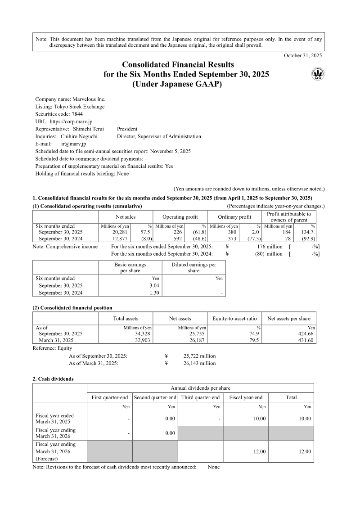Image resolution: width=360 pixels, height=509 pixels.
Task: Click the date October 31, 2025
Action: tap(303, 55)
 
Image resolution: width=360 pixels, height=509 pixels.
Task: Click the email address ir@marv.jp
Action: tap(73, 144)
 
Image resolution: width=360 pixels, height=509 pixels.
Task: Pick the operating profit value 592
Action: tap(179, 239)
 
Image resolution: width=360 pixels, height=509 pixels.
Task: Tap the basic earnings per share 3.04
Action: tap(154, 285)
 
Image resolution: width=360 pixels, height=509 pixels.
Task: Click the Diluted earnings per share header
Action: tap(193, 268)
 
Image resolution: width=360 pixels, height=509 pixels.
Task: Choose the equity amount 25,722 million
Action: tap(199, 356)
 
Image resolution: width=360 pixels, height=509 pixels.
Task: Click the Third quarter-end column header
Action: tap(200, 397)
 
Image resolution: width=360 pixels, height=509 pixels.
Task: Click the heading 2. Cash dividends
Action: tap(53, 379)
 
